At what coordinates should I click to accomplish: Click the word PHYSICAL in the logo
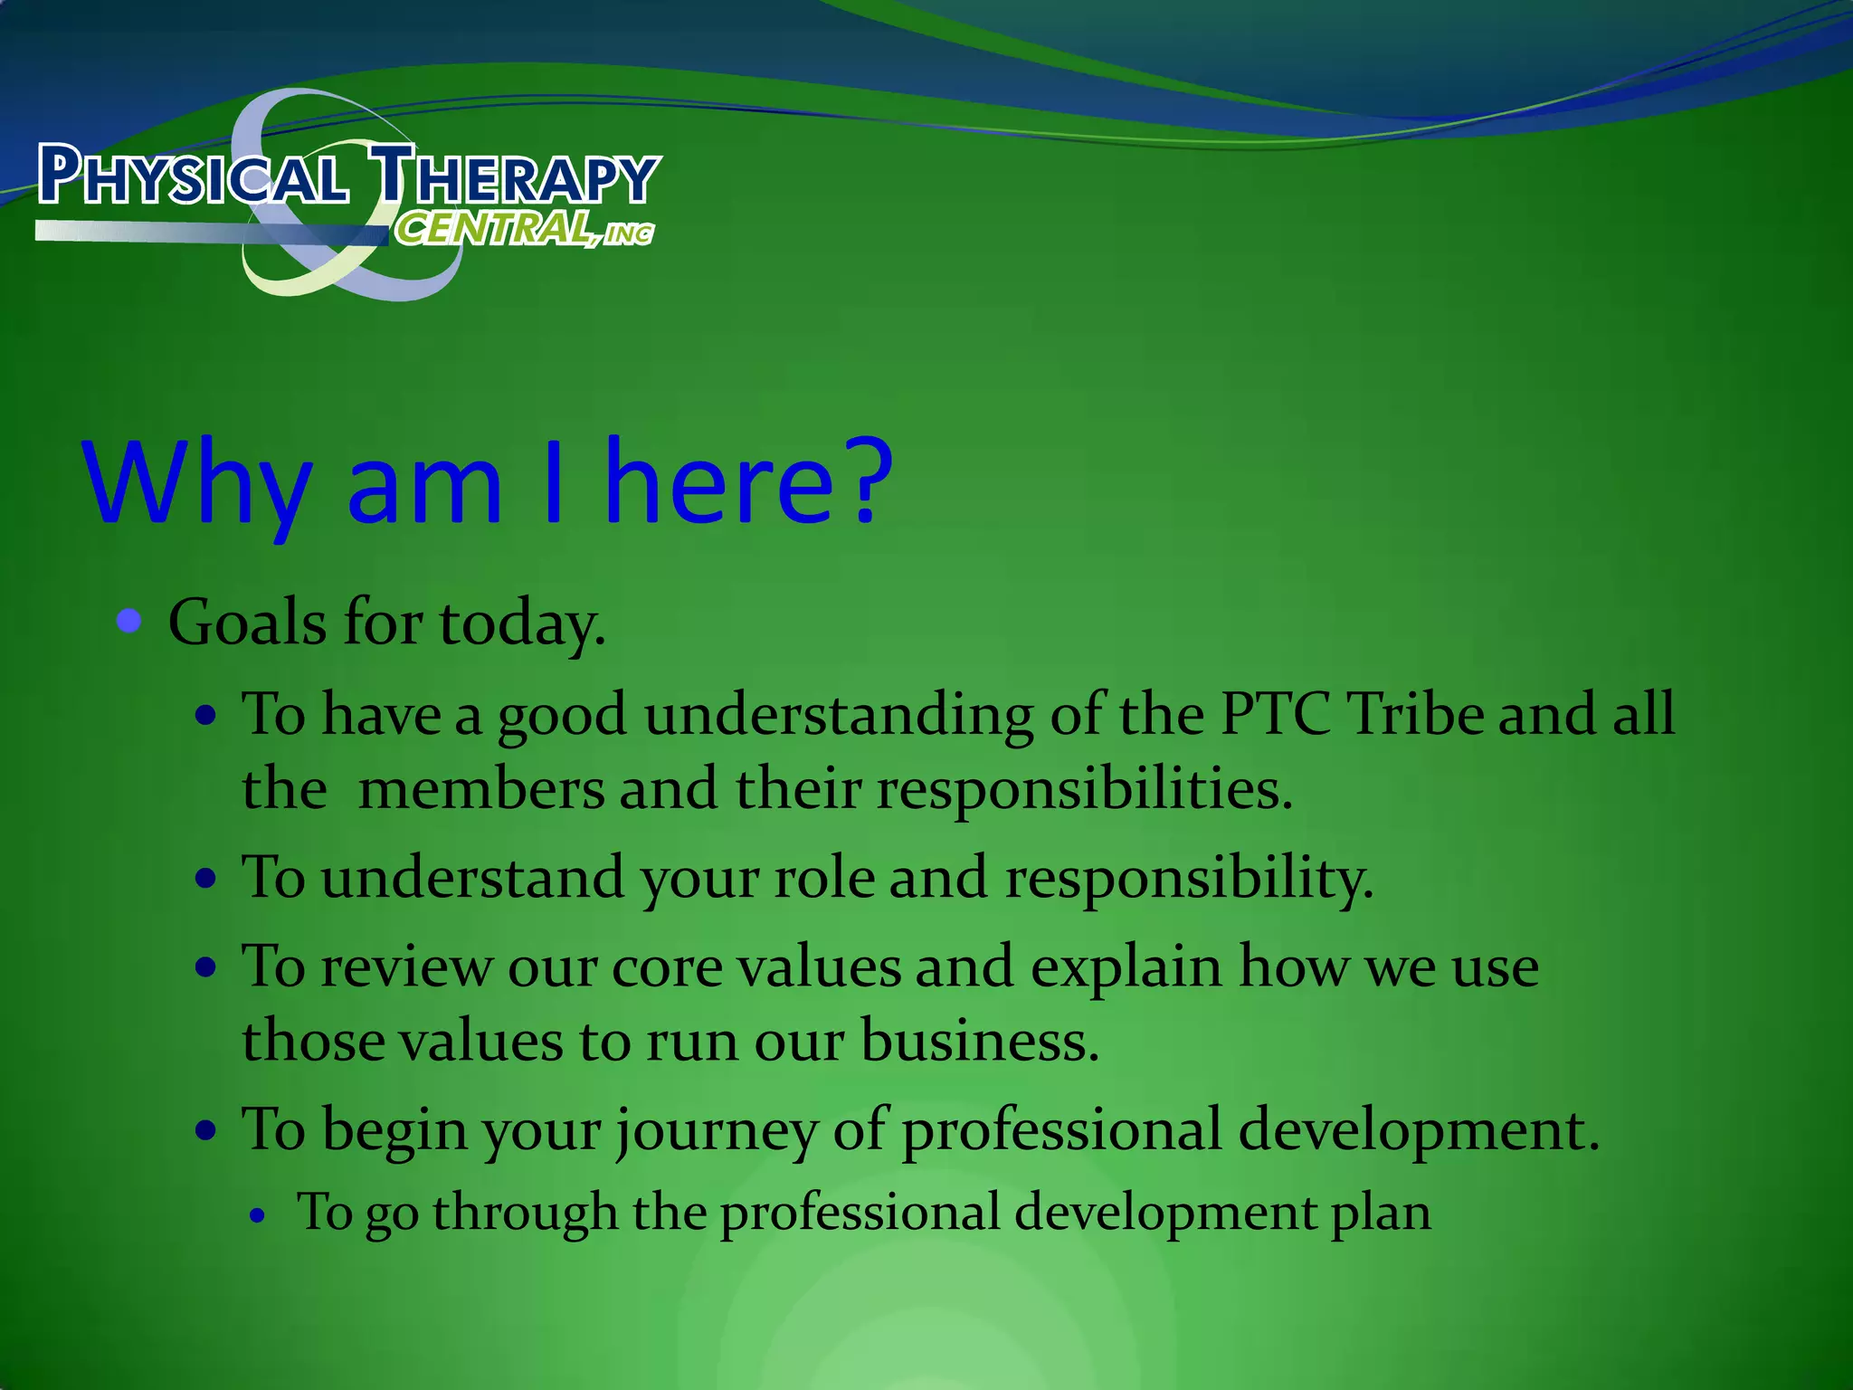[192, 176]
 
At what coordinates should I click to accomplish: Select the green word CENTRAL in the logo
[494, 230]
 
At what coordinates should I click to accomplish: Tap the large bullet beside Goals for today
[130, 622]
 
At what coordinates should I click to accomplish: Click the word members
[480, 789]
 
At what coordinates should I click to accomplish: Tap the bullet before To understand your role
[207, 879]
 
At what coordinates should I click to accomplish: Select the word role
[824, 878]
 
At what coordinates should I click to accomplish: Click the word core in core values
[667, 967]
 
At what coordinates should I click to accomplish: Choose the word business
[979, 1041]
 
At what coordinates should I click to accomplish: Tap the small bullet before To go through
[259, 1217]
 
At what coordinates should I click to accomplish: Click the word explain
[1126, 967]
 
